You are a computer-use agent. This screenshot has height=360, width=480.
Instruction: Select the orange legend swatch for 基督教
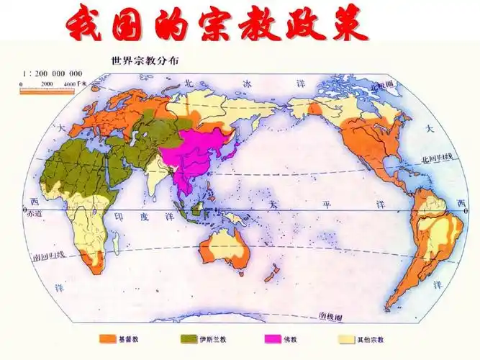[108, 338]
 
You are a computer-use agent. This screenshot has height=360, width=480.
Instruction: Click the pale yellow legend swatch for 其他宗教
[348, 338]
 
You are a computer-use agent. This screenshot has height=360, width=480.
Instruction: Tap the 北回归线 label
[439, 157]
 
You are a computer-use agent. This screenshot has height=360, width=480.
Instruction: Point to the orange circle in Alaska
[314, 109]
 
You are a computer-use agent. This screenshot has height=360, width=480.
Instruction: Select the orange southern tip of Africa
[91, 262]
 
